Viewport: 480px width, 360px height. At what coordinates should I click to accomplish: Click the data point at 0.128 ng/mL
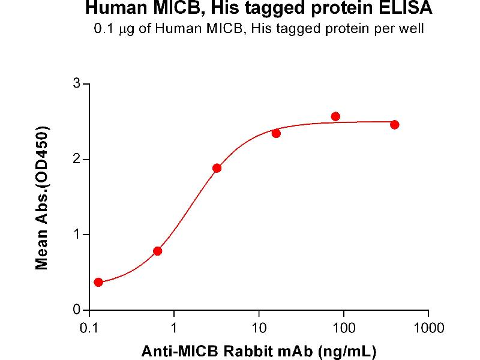pyautogui.click(x=98, y=282)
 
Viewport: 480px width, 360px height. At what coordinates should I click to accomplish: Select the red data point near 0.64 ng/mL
pyautogui.click(x=158, y=251)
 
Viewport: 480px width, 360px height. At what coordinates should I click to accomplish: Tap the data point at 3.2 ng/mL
pyautogui.click(x=217, y=168)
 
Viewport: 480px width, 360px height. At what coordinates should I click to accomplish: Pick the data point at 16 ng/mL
pyautogui.click(x=276, y=133)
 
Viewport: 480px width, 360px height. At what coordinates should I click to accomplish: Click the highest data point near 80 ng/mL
pyautogui.click(x=335, y=116)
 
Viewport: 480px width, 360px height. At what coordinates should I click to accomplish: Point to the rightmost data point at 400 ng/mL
pyautogui.click(x=394, y=124)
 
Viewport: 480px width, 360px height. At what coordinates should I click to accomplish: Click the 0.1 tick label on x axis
pyautogui.click(x=89, y=328)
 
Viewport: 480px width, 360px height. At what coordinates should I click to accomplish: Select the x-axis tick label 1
pyautogui.click(x=174, y=328)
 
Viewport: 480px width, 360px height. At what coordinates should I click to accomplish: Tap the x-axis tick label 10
pyautogui.click(x=259, y=328)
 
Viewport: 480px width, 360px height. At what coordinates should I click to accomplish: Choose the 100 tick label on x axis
pyautogui.click(x=344, y=328)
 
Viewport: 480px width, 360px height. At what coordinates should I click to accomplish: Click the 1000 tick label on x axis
pyautogui.click(x=428, y=328)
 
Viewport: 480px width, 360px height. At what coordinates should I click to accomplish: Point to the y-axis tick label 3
pyautogui.click(x=77, y=83)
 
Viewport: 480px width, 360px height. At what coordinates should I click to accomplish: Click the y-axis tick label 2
pyautogui.click(x=77, y=159)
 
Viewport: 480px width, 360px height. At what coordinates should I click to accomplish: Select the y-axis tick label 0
pyautogui.click(x=77, y=310)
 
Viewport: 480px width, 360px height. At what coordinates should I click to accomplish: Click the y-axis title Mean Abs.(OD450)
pyautogui.click(x=43, y=198)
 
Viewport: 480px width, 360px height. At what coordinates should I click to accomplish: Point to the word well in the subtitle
pyautogui.click(x=413, y=29)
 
